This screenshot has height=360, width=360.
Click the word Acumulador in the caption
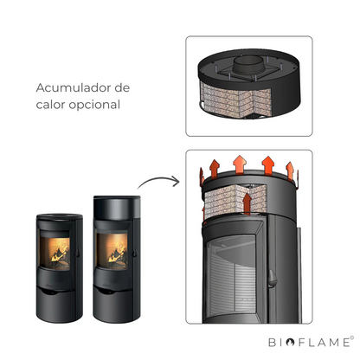click(x=74, y=88)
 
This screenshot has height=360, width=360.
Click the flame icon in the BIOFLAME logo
click(x=290, y=342)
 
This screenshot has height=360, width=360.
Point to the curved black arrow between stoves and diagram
click(x=158, y=179)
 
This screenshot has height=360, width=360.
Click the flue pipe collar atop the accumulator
click(x=248, y=64)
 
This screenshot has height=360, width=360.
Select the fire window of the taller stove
click(x=112, y=251)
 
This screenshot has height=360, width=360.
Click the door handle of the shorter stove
click(x=77, y=253)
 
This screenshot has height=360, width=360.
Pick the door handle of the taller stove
click(x=134, y=253)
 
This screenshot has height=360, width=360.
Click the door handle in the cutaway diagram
click(x=272, y=278)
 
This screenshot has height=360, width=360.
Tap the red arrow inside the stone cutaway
click(x=247, y=203)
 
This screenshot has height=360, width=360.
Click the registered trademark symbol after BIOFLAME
click(x=351, y=337)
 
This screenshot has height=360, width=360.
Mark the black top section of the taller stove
click(x=117, y=207)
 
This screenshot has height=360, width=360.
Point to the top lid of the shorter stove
click(x=60, y=216)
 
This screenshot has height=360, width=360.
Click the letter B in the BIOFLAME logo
click(x=272, y=343)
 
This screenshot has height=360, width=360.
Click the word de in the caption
click(x=122, y=87)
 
